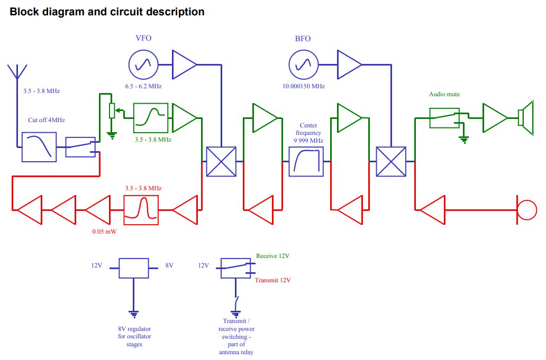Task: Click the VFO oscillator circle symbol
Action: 143,64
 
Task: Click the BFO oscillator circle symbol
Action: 304,64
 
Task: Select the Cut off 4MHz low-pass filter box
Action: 39,147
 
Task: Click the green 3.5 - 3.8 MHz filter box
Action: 151,118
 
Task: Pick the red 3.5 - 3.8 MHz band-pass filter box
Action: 141,210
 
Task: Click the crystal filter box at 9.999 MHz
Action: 306,161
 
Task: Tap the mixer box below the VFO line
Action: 221,161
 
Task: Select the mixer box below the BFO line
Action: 391,161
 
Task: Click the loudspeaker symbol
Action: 526,117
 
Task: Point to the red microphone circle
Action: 527,210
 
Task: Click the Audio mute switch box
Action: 444,118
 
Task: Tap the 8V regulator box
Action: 134,268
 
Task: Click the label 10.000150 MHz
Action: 304,86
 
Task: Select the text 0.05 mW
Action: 104,232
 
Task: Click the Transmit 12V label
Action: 272,280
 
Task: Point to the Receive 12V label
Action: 272,256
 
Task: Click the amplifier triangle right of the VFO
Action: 185,64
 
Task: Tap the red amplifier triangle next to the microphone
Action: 432,210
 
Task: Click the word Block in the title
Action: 24,12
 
